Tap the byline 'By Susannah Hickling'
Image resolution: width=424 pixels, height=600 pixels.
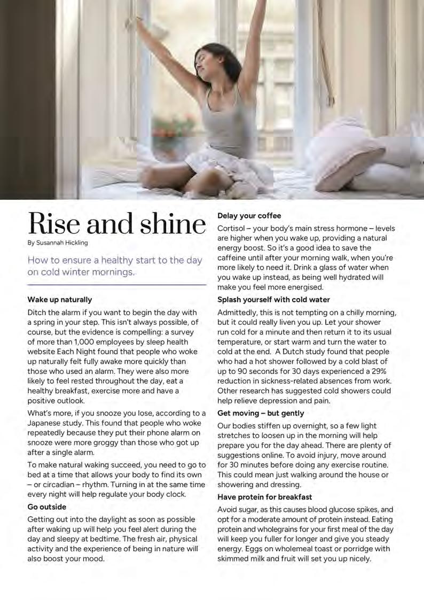click(58, 243)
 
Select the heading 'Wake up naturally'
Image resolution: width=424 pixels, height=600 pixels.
click(60, 300)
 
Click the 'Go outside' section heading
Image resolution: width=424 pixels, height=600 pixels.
click(47, 507)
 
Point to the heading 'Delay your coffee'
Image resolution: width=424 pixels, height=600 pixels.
click(249, 216)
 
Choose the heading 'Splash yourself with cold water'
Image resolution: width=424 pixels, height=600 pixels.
click(273, 300)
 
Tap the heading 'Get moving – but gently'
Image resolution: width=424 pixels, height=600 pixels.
click(261, 413)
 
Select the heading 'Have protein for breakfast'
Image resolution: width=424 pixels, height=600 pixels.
click(264, 497)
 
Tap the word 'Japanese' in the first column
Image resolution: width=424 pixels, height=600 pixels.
click(45, 423)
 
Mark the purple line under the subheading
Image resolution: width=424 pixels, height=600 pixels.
click(117, 285)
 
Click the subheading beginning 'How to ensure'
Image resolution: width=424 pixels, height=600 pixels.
click(115, 266)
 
